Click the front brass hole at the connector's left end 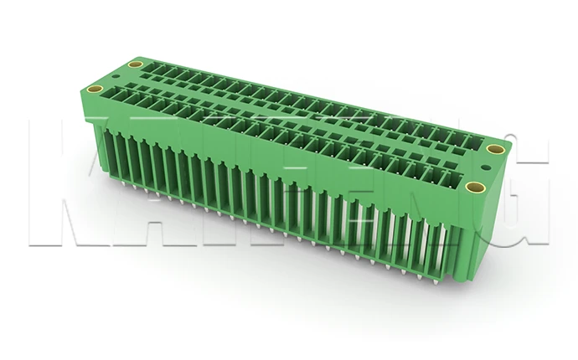95,89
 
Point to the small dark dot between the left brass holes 115,76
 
